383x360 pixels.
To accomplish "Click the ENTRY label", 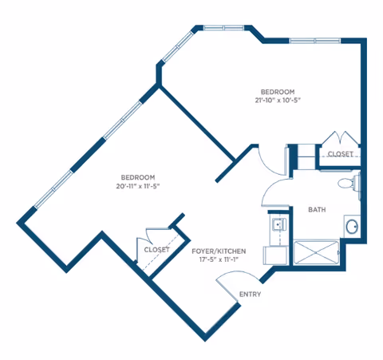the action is click(x=250, y=295).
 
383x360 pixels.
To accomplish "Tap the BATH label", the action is click(x=317, y=210).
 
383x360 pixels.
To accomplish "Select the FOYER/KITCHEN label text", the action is click(x=219, y=251).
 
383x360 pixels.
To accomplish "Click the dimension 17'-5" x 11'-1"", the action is click(x=219, y=259).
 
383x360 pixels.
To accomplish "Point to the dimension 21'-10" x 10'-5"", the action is click(x=278, y=101).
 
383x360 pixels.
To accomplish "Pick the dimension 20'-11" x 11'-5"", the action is click(x=138, y=186).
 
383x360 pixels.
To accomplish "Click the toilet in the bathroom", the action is click(x=349, y=183).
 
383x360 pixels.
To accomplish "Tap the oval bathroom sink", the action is click(x=352, y=227).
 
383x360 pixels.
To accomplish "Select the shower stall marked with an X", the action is click(x=316, y=252).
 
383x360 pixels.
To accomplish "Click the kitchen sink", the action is click(x=278, y=225).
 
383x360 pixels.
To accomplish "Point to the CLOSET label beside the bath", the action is click(x=341, y=154).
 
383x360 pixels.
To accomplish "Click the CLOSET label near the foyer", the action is click(x=156, y=250).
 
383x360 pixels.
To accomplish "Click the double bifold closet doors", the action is click(x=341, y=137).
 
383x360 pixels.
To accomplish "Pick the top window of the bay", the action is click(x=223, y=28).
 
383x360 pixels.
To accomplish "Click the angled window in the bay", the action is click(x=178, y=46).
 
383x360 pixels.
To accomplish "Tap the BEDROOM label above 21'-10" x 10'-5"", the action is click(x=278, y=92).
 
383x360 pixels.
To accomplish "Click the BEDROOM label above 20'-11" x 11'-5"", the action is click(x=138, y=177).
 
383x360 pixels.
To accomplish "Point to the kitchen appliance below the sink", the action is click(x=275, y=255).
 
